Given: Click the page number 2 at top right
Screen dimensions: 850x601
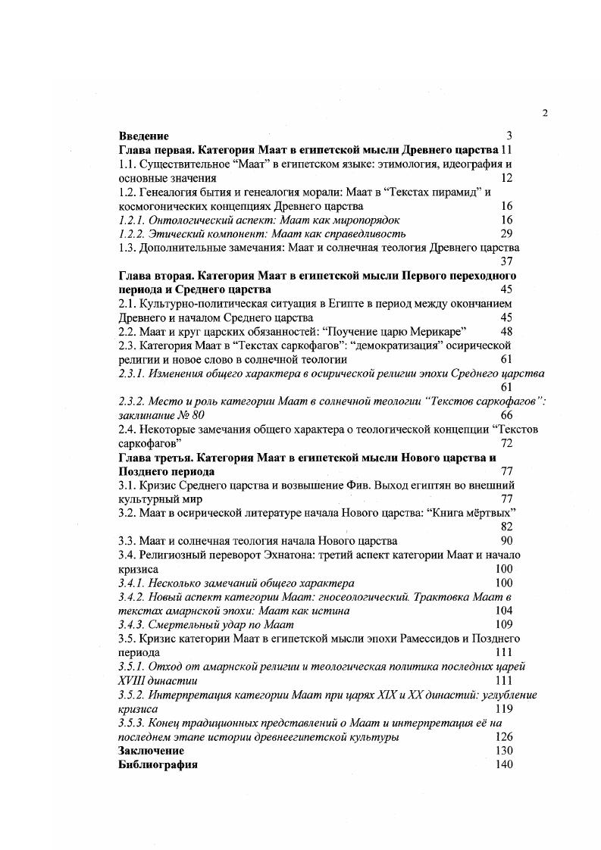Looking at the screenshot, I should (545, 114).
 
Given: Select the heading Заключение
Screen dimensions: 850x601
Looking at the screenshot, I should (152, 751).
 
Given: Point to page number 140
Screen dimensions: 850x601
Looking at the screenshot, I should (503, 764).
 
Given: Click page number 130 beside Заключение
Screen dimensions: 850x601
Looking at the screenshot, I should (503, 751).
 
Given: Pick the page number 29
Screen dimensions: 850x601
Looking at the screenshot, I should (507, 233).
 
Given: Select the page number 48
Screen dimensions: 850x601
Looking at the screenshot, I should (507, 332).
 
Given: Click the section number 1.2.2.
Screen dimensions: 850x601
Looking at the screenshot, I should (133, 233).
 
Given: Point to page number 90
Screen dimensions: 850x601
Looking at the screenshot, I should (507, 541).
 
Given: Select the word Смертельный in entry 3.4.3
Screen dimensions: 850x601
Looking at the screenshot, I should (182, 625).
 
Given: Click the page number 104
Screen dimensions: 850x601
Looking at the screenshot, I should (503, 611).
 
